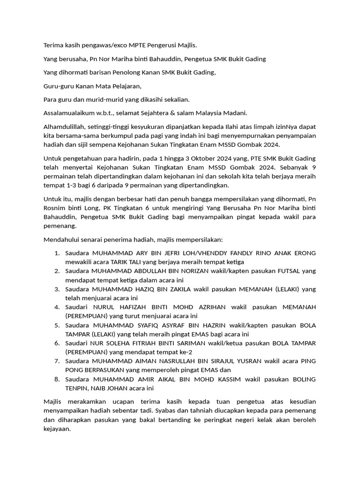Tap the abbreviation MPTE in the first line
(127, 45)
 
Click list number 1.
(57, 253)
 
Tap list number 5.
(57, 325)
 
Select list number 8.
(57, 379)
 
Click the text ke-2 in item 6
(184, 352)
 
